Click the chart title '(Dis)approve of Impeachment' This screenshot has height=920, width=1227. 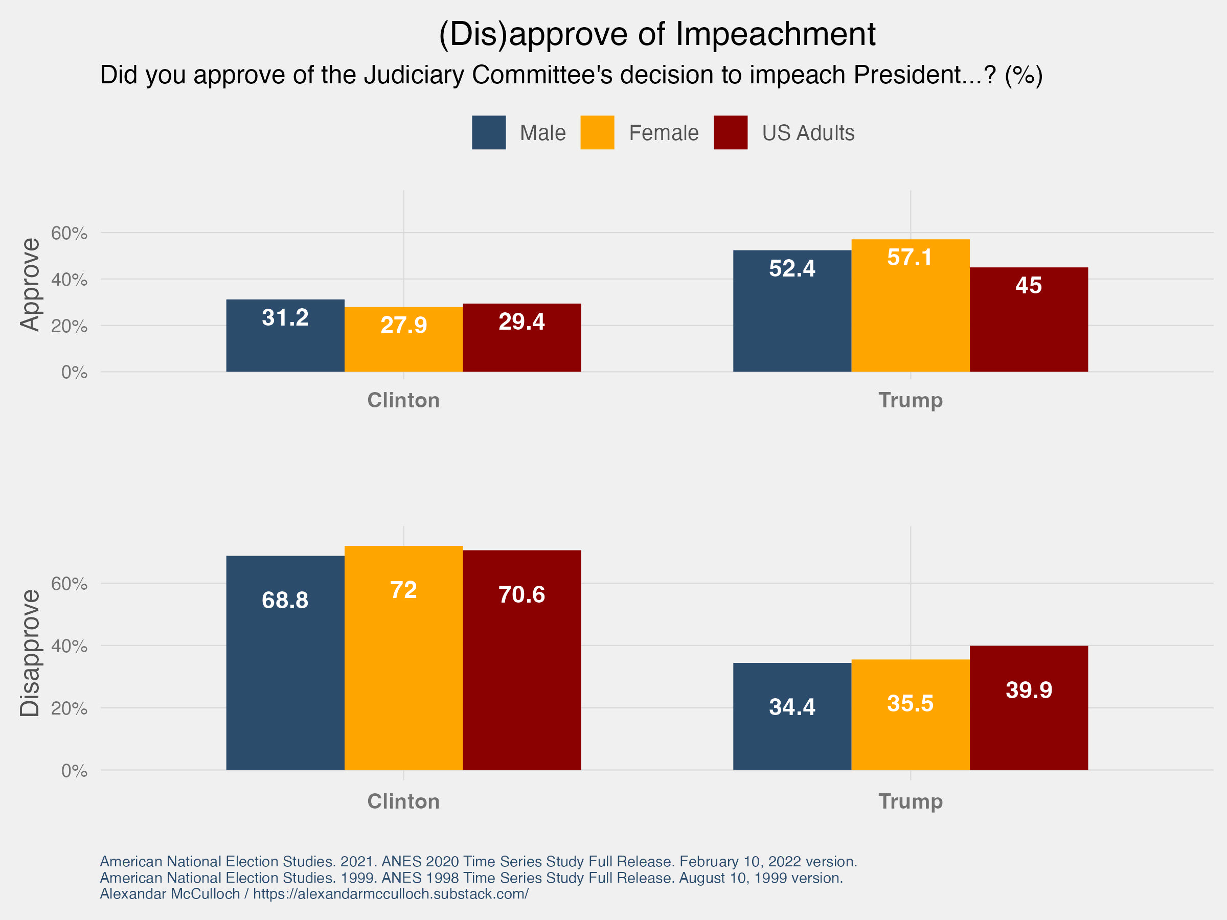(x=657, y=34)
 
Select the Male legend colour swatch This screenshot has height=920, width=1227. (x=489, y=132)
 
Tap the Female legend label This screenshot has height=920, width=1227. (x=664, y=133)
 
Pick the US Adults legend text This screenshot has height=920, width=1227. (x=808, y=133)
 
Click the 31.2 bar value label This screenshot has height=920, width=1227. (x=285, y=318)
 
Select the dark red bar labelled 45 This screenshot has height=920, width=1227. (x=1029, y=327)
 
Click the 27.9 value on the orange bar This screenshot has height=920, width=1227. (x=403, y=326)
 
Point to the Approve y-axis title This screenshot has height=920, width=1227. (x=30, y=285)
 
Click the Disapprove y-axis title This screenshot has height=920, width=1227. (x=30, y=653)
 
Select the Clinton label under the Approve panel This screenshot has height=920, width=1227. (x=403, y=400)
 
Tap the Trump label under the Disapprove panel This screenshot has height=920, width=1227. (x=910, y=801)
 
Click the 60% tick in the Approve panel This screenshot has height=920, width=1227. (x=70, y=234)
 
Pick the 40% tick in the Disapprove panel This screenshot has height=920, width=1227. (x=70, y=646)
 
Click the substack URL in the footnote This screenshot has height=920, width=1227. (x=391, y=894)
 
